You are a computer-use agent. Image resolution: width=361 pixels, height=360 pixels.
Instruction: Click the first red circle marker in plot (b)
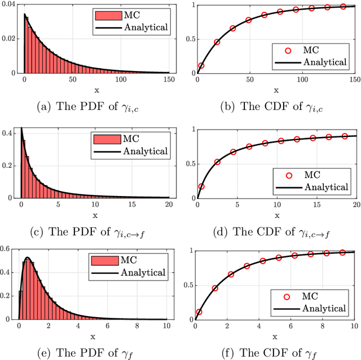(x=201, y=65)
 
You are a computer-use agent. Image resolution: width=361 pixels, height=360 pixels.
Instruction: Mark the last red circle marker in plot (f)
(x=342, y=252)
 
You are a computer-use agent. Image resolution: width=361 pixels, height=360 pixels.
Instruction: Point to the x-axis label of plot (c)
(x=95, y=215)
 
